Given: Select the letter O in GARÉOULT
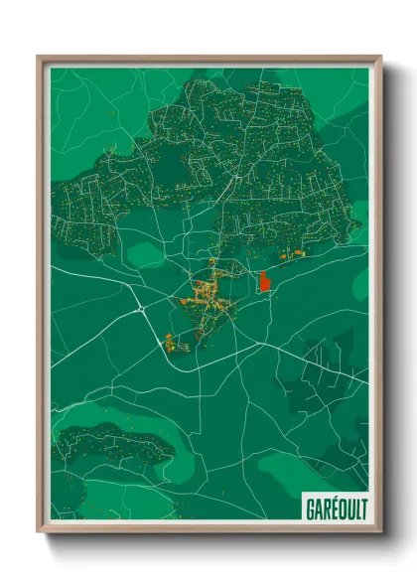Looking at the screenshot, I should coord(338,509).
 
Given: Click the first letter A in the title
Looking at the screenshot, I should coord(315,509).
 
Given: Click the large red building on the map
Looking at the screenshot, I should coord(264,282).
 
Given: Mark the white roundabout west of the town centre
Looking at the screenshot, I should coord(142,310).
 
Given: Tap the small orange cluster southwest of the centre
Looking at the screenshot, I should coord(173,344).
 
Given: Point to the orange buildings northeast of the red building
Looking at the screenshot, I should coord(291,255).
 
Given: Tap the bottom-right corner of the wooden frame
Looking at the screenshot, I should coord(382,533).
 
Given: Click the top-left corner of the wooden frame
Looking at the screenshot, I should coord(38,56).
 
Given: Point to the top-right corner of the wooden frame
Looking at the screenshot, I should coord(382,56).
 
